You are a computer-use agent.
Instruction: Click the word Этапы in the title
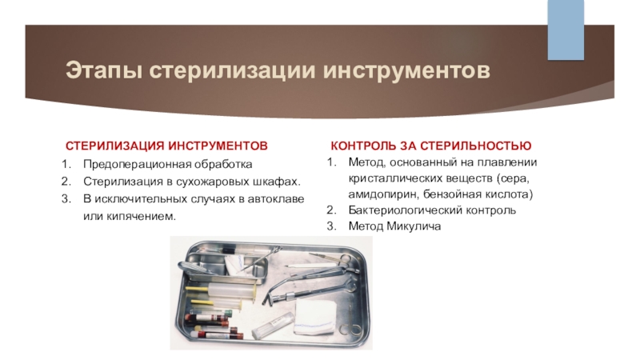click(x=104, y=70)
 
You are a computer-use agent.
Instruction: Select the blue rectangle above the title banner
click(x=566, y=30)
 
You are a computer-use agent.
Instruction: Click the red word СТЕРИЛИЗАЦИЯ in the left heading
click(x=114, y=146)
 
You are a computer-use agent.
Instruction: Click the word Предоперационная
click(x=137, y=165)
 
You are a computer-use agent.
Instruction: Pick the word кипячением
click(x=142, y=216)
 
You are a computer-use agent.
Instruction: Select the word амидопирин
click(x=384, y=194)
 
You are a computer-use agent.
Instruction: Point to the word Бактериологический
click(x=406, y=210)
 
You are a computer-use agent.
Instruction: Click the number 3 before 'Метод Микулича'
click(x=330, y=226)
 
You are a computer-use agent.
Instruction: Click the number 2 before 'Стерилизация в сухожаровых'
click(x=66, y=182)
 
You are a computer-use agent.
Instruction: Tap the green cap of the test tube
click(x=228, y=313)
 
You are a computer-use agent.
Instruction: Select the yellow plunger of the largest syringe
click(x=198, y=289)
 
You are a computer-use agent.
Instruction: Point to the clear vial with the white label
click(x=273, y=326)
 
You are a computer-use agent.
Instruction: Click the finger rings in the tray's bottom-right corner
click(x=354, y=327)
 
